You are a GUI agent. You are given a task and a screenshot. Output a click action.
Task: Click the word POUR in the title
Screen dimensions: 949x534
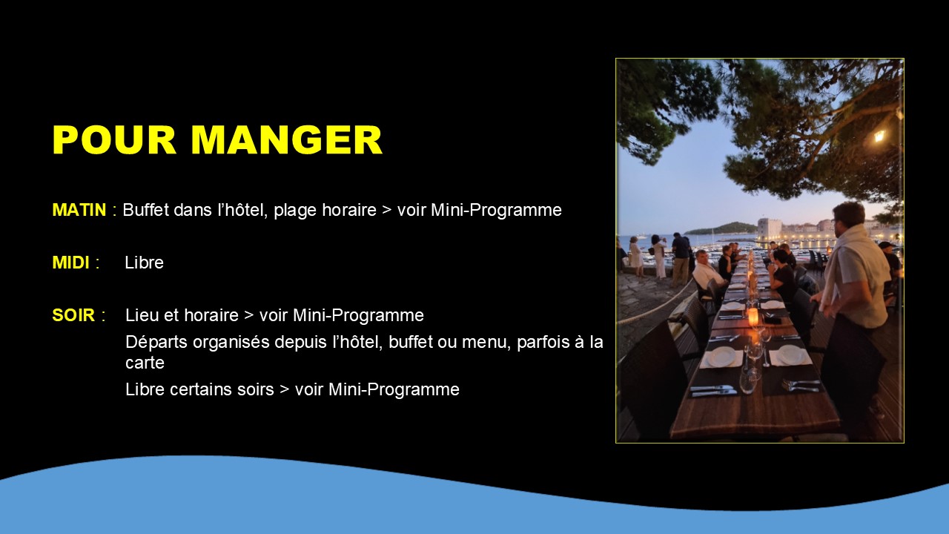(114, 140)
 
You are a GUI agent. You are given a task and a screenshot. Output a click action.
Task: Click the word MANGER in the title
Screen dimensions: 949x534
(287, 140)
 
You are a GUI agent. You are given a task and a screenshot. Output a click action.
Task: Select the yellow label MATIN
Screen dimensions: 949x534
(79, 210)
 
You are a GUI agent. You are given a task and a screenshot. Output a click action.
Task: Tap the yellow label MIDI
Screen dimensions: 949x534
(70, 263)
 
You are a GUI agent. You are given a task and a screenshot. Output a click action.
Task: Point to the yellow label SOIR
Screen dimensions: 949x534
(73, 315)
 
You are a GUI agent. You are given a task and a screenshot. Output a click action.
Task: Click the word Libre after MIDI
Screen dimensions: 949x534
(144, 263)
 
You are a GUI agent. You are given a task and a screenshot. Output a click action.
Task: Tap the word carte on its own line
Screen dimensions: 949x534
(145, 363)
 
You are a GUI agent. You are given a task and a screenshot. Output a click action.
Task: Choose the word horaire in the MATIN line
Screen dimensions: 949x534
(349, 210)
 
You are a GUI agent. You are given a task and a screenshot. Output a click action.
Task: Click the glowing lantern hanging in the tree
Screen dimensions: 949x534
(879, 136)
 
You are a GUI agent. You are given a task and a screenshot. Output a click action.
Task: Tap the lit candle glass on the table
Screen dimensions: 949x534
(753, 317)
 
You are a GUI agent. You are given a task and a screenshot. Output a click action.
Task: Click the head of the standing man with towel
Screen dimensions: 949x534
(849, 215)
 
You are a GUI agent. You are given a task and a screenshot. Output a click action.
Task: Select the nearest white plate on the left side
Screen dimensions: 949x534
(721, 357)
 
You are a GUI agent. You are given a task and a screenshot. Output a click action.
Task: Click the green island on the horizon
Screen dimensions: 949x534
(720, 229)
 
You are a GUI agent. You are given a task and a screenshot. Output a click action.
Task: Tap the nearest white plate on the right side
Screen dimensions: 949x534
(790, 355)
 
